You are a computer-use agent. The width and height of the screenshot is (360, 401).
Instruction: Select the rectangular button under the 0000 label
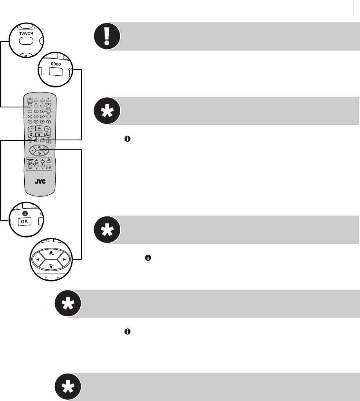point(55,72)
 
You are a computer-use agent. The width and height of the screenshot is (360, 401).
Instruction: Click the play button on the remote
point(38,128)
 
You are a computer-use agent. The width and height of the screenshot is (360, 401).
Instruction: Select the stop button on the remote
point(38,135)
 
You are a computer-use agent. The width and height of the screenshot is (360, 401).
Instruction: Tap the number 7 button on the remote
point(29,122)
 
